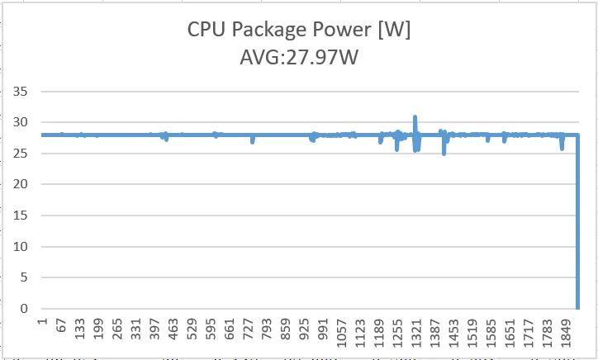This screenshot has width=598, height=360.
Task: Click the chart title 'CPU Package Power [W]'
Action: click(x=299, y=32)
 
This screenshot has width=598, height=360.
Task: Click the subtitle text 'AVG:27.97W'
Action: click(x=299, y=58)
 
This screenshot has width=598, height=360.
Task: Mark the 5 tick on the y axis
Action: click(x=25, y=277)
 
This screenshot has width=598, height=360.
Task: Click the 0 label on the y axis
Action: click(x=25, y=309)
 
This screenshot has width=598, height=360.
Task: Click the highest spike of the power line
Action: click(x=415, y=117)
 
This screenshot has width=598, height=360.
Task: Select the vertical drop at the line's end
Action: click(x=577, y=223)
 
